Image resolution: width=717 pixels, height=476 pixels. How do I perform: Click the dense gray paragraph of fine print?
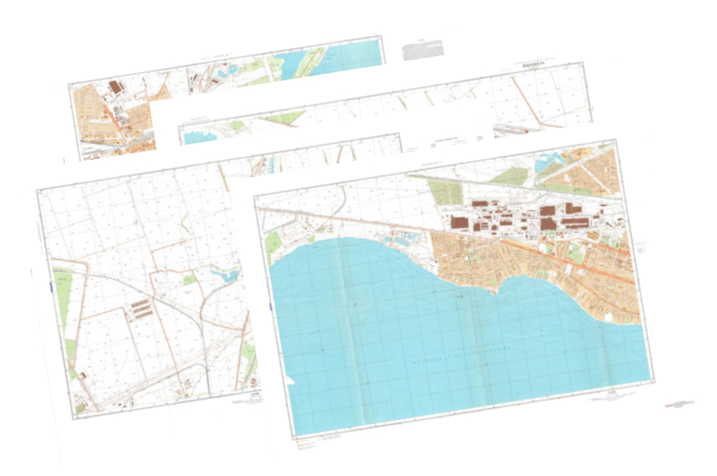pyautogui.click(x=422, y=50)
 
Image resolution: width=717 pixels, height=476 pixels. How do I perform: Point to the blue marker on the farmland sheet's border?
pyautogui.click(x=51, y=286)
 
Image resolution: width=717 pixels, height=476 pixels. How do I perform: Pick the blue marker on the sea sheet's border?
pyautogui.click(x=271, y=307)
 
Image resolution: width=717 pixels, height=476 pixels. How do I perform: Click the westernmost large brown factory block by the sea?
pyautogui.click(x=459, y=223)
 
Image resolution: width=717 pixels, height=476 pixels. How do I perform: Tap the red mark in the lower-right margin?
pyautogui.click(x=677, y=405)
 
